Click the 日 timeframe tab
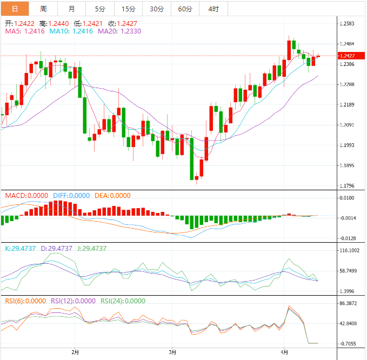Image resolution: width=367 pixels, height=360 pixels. (x=14, y=9)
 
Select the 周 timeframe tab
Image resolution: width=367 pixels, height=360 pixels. (x=43, y=9)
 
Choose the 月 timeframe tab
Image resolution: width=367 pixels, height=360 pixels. (x=72, y=9)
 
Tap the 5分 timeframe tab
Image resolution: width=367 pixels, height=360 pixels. (x=100, y=9)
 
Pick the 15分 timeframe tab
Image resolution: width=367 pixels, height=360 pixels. (x=128, y=9)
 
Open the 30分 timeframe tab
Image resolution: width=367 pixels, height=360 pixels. (x=157, y=9)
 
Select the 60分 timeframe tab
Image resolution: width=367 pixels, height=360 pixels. (x=185, y=9)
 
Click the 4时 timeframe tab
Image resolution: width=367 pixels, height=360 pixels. (x=213, y=9)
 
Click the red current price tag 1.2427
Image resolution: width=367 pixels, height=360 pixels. (x=346, y=56)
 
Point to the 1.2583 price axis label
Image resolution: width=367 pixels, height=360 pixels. (x=346, y=24)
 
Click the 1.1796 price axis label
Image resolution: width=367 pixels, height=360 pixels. (x=346, y=186)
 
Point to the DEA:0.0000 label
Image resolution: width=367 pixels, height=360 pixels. (x=112, y=196)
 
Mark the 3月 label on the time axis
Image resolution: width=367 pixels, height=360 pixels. (x=172, y=352)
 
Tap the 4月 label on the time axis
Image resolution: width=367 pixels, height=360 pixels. (x=285, y=352)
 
